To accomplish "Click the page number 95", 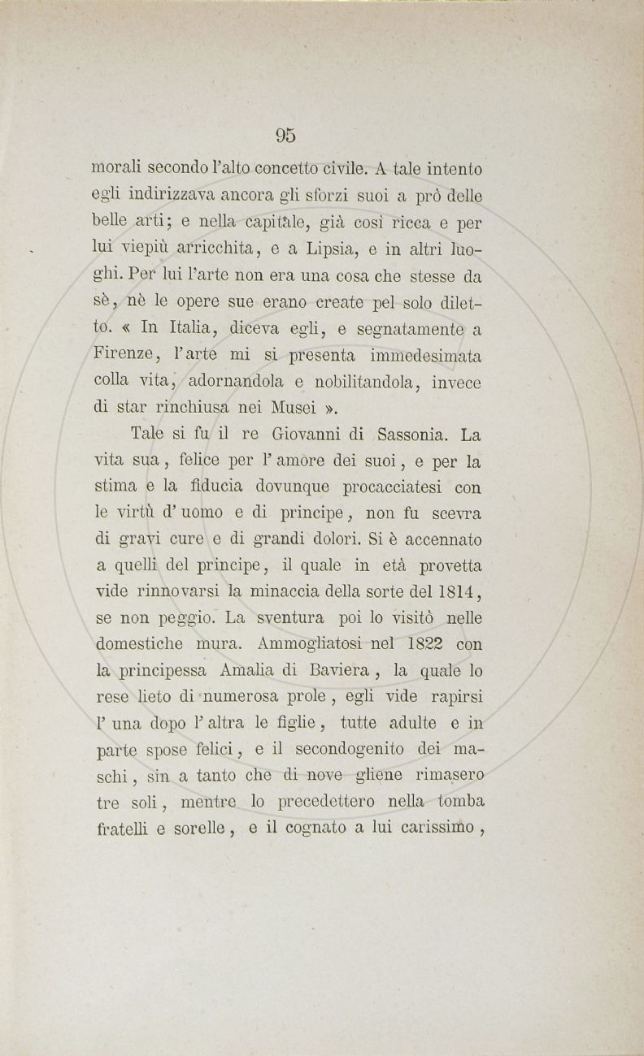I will (285, 136).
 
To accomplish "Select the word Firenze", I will (120, 357).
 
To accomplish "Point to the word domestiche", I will (140, 644).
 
